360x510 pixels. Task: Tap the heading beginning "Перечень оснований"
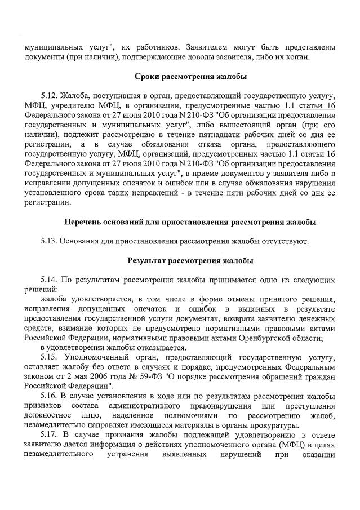tap(190, 222)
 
